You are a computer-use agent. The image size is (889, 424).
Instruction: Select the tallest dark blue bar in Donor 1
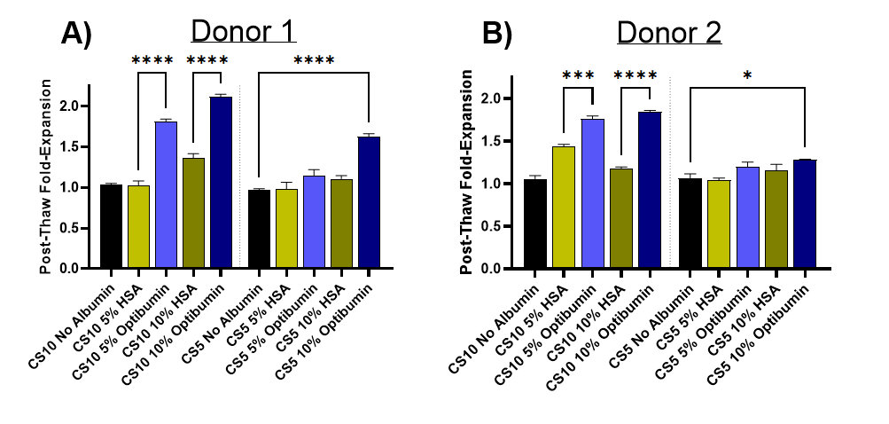pos(221,182)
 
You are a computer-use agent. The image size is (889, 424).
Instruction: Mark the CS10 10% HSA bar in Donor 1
pos(193,213)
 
